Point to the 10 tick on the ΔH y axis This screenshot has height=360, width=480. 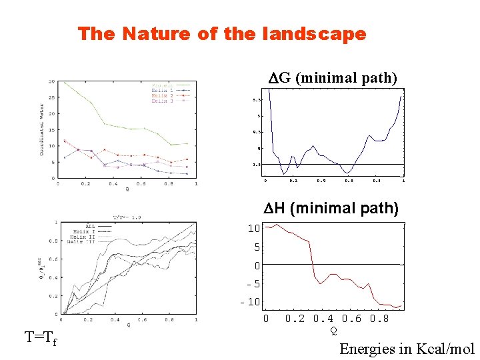click(x=253, y=229)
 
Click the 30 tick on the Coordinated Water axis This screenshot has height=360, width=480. click(x=51, y=82)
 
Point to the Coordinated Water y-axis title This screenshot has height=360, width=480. click(x=41, y=130)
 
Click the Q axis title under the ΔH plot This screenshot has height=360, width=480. click(x=334, y=330)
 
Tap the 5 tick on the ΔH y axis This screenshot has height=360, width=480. click(x=256, y=247)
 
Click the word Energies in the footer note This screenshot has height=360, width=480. click(x=366, y=349)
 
